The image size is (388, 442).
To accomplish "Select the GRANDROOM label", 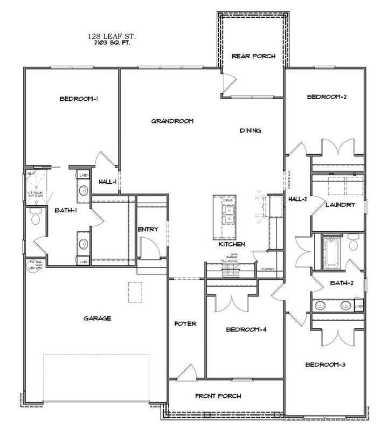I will (x=172, y=121).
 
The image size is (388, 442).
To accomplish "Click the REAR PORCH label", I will (x=253, y=56).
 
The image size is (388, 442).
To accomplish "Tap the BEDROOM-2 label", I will (x=326, y=97).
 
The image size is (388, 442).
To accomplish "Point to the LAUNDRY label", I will (x=339, y=205).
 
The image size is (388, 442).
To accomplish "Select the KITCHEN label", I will (x=232, y=244).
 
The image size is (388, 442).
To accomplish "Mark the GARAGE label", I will (x=98, y=319).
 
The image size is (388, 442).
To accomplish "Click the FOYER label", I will (x=185, y=324).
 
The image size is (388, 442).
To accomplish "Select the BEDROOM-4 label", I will (x=246, y=329).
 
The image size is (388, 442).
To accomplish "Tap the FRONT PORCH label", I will (x=218, y=396).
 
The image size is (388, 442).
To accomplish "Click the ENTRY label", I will (x=148, y=230).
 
